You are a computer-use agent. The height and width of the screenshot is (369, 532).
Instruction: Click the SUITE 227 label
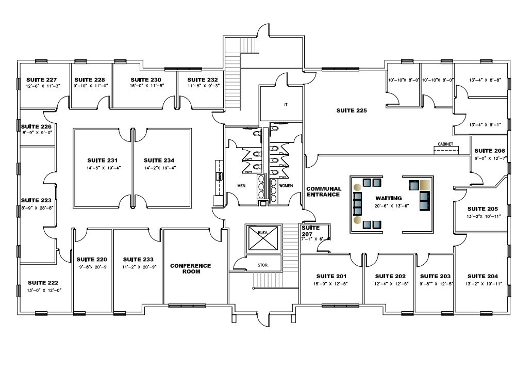click(41, 79)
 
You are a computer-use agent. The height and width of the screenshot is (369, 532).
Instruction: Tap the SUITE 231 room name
click(103, 160)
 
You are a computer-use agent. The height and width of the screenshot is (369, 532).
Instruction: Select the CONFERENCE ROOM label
click(190, 268)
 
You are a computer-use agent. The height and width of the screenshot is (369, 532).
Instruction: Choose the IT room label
click(285, 105)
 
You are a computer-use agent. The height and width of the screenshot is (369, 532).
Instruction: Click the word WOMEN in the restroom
click(286, 185)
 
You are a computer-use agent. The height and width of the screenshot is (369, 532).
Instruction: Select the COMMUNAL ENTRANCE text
click(323, 191)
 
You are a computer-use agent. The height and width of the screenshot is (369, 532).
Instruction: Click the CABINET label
click(446, 144)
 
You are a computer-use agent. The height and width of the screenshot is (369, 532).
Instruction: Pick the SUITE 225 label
click(352, 110)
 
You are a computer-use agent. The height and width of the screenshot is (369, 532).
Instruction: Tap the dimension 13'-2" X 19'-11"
click(483, 284)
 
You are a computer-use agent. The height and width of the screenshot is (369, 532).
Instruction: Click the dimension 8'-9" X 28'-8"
click(37, 207)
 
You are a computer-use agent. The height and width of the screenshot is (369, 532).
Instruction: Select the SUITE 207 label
click(310, 230)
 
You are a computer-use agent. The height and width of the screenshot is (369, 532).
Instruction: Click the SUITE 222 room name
click(43, 283)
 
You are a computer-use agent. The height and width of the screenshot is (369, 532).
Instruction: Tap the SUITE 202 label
click(391, 276)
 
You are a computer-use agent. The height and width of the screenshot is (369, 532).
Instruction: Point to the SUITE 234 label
click(159, 160)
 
